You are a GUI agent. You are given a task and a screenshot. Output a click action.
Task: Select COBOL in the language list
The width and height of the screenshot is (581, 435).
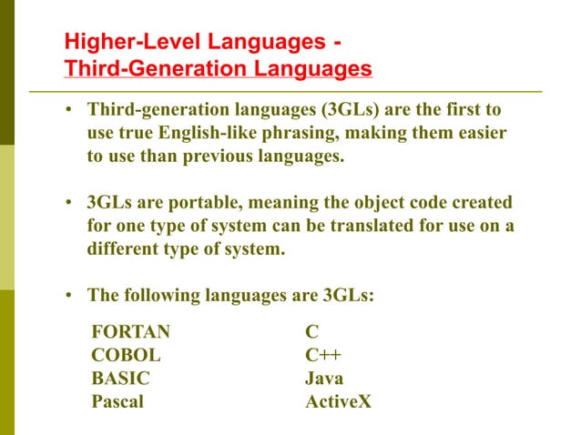click(x=126, y=355)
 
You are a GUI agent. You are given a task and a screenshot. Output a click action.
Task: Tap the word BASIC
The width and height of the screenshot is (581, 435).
click(x=121, y=378)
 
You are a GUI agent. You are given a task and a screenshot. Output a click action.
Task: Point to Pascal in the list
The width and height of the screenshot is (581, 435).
click(x=117, y=400)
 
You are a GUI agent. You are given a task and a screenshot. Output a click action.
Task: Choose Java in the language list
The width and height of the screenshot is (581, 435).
click(x=324, y=378)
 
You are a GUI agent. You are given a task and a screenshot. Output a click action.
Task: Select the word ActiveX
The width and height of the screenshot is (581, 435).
click(x=339, y=400)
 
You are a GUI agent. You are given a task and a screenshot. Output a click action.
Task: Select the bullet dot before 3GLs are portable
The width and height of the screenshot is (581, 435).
click(x=68, y=202)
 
